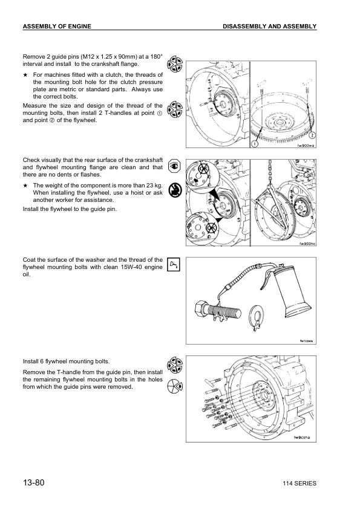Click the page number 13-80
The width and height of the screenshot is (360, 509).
33,482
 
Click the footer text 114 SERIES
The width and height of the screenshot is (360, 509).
299,484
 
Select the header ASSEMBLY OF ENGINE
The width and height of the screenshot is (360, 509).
57,26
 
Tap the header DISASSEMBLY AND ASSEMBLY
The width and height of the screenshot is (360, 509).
269,26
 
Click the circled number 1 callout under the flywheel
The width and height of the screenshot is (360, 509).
255,143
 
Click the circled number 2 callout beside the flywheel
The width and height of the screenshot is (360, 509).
312,135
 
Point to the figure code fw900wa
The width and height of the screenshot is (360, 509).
306,146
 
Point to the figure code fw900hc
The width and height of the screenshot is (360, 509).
307,244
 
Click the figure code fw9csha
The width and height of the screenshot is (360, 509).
302,437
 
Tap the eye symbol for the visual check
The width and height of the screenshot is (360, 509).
174,166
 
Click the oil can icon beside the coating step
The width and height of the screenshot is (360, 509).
174,265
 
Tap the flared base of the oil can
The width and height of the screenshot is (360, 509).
297,310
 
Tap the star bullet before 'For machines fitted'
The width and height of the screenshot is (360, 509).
25,75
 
